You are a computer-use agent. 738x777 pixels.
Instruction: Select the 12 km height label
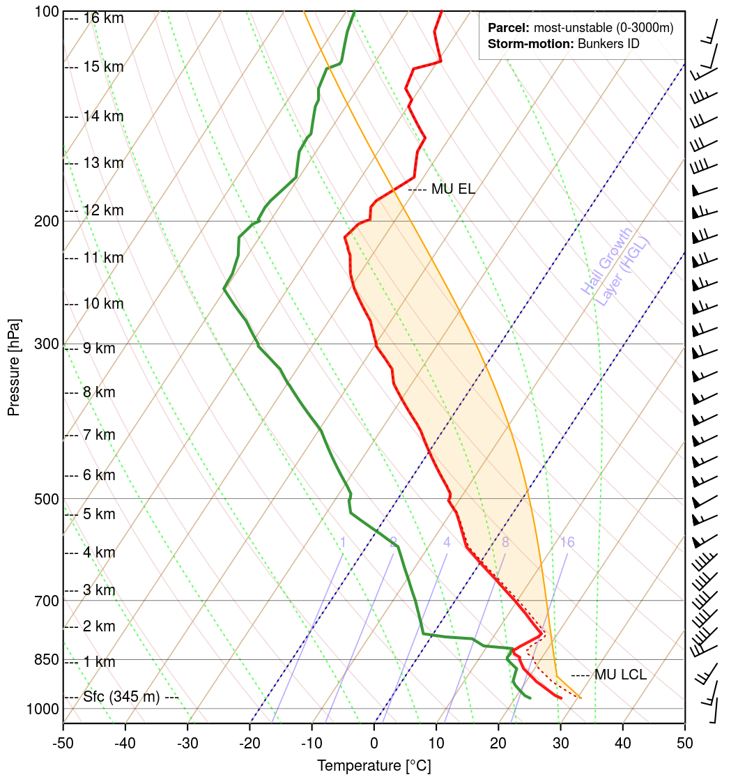[103, 210]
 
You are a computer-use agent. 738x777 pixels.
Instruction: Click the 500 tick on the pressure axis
[47, 499]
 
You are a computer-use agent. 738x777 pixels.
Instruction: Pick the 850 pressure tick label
[47, 660]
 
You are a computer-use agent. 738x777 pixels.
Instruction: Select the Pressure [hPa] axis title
[13, 367]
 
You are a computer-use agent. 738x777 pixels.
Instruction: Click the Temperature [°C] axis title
[374, 766]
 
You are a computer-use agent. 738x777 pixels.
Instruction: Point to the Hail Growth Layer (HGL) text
[615, 268]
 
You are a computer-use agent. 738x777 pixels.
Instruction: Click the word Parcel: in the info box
[509, 29]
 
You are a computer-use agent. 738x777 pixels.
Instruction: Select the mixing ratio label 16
[567, 542]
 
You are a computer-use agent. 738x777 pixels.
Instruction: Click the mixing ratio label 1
[343, 542]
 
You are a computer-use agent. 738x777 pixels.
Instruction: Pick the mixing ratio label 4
[447, 542]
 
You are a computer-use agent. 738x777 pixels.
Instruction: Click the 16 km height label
[103, 18]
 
